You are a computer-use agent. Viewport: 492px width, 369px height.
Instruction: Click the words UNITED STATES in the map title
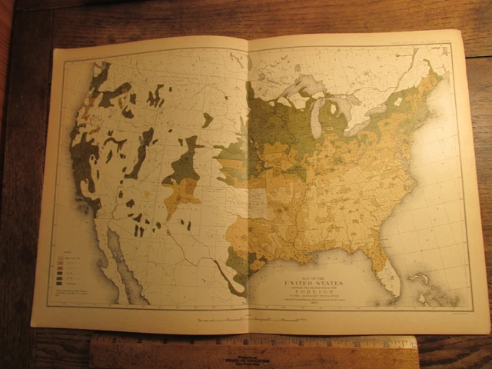coord(317,284)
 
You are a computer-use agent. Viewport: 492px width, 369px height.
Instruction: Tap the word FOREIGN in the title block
coord(318,293)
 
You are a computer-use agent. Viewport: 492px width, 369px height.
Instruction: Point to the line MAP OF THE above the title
coord(317,276)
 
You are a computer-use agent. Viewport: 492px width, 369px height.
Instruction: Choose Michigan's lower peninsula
coord(338,115)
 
